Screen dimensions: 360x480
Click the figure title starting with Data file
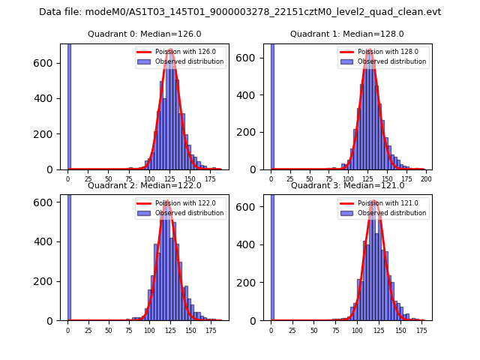240,12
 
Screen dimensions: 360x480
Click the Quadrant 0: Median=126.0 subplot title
145,34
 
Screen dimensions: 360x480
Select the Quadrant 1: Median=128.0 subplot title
347,34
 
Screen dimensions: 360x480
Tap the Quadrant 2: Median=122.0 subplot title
145,185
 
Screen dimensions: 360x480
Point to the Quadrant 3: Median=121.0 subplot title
347,185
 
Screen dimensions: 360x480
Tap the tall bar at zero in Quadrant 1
271,105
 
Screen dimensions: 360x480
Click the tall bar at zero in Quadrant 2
69,255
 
